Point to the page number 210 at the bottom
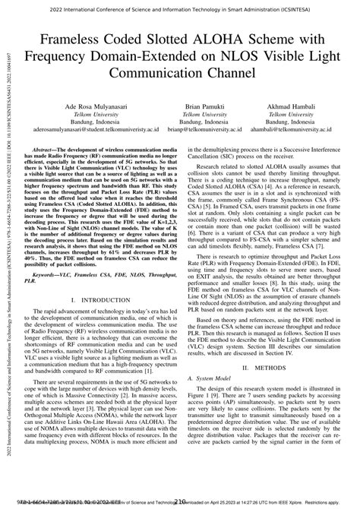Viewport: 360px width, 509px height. click(180, 502)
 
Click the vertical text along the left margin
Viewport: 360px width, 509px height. click(7, 251)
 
